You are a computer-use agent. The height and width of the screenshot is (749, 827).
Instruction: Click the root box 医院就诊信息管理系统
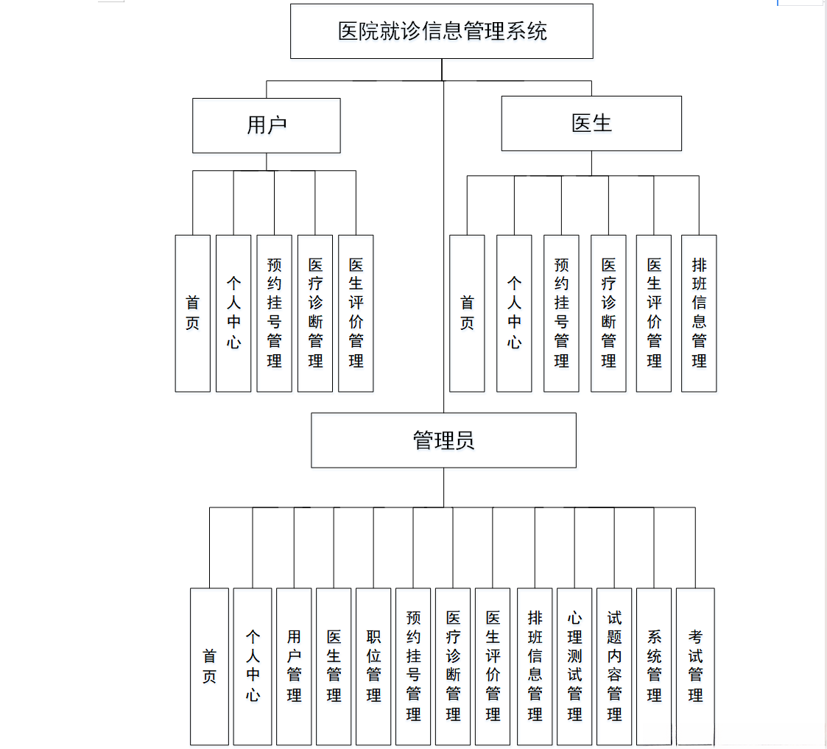442,31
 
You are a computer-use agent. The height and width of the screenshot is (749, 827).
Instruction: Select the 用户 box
266,125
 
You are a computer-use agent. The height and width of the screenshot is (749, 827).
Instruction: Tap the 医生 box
591,123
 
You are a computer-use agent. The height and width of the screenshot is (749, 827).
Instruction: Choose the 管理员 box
443,440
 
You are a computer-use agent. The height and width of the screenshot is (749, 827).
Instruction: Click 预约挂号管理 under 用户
274,313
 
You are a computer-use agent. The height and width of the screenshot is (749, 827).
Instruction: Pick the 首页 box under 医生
467,313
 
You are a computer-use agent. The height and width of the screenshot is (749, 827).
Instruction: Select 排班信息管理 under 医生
699,313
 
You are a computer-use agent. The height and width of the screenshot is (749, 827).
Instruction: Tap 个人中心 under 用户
233,313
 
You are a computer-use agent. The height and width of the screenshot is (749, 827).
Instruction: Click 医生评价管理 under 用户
356,313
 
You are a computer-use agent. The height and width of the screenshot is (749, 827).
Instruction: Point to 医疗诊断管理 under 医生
608,313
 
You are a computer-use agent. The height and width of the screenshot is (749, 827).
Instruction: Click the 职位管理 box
373,666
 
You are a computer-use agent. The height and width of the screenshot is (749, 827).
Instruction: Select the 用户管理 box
294,666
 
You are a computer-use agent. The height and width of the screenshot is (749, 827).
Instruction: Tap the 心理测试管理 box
574,666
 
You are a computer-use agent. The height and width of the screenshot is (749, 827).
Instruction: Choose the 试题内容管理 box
614,666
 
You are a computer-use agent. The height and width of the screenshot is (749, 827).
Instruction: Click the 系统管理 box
654,666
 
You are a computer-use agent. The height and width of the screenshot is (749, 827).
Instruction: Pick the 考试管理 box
695,666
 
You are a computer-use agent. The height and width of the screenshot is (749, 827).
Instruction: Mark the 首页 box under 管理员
209,666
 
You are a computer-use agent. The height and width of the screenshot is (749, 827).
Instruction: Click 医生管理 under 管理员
334,666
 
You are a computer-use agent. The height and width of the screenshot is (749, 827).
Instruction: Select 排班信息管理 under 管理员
535,666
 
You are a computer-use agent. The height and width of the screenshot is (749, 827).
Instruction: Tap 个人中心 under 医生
514,313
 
